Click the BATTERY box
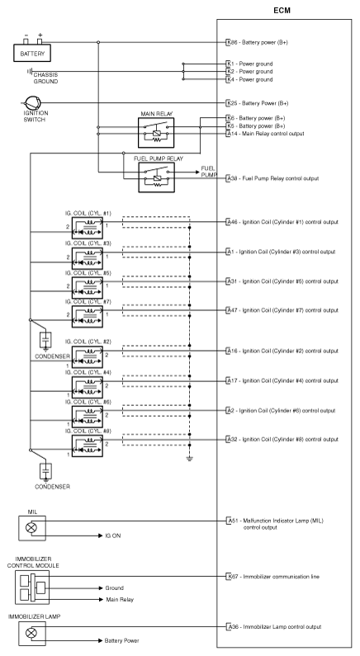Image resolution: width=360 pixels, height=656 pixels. (x=32, y=53)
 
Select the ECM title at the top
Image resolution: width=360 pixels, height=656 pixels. (x=282, y=11)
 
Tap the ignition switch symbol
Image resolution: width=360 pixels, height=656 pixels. (x=32, y=103)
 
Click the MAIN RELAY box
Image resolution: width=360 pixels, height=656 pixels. (x=156, y=133)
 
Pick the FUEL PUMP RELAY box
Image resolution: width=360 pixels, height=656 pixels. (x=156, y=177)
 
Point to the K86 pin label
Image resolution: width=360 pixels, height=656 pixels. (x=231, y=42)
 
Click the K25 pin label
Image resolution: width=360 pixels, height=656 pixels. (x=231, y=103)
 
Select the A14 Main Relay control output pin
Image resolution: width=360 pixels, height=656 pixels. (x=231, y=134)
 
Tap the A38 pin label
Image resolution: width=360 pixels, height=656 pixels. (x=231, y=178)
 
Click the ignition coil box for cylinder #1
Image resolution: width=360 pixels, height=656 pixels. (x=87, y=228)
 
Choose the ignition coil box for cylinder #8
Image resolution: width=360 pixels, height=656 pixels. (x=87, y=446)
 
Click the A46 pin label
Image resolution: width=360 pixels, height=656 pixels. (x=231, y=222)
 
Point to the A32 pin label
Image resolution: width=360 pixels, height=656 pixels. (x=231, y=439)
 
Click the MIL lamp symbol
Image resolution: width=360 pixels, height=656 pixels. (x=31, y=527)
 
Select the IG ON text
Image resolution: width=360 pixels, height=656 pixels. (x=113, y=536)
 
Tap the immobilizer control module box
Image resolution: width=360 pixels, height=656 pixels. (x=32, y=588)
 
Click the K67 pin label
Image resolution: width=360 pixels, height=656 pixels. (x=231, y=577)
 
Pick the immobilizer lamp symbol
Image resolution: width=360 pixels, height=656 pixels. (x=31, y=633)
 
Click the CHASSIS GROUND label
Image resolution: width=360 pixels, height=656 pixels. (x=45, y=78)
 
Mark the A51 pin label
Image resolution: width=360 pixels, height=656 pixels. (x=231, y=521)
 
